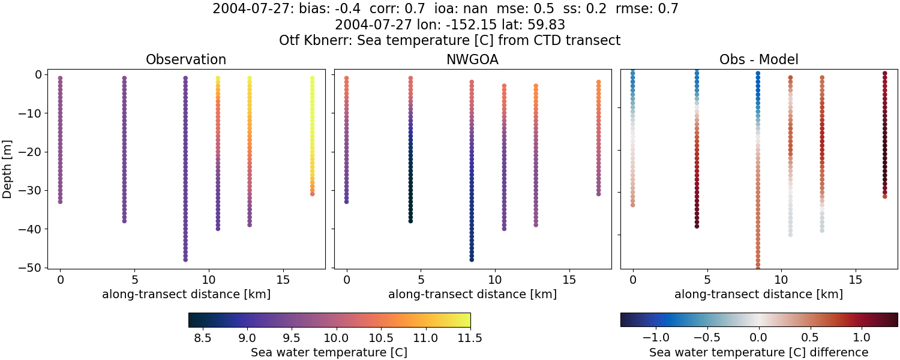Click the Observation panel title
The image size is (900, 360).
[x=186, y=60]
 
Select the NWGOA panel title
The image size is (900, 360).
[x=472, y=60]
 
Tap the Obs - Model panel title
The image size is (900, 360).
[x=758, y=60]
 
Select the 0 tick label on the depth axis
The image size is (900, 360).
[x=37, y=74]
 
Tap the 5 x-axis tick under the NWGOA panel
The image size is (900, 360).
[x=421, y=280]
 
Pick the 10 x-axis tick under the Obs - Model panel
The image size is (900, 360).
[x=781, y=280]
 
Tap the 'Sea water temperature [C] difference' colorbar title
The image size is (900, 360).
[x=758, y=352]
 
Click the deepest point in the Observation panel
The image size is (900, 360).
[x=185, y=259]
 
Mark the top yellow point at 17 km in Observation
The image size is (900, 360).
[x=312, y=78]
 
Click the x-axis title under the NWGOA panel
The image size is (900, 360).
[x=472, y=294]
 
